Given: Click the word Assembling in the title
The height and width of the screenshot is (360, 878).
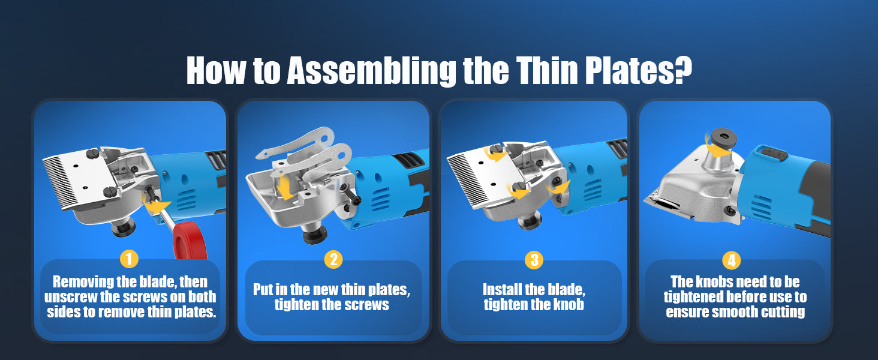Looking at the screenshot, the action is pos(371,71).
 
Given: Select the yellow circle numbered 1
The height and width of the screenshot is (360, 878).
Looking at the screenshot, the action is pos(130,259).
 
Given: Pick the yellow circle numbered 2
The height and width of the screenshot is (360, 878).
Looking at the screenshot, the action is pos(333,259).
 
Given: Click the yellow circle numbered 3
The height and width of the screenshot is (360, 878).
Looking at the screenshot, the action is pos(534,260).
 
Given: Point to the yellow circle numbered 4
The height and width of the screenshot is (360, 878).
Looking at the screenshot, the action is pos(732,260).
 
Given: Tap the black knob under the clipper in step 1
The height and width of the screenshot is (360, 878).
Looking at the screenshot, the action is pos(124,227).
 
